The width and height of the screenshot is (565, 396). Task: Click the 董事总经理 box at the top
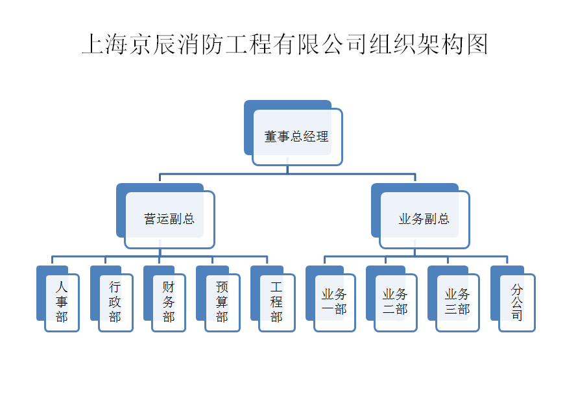(x=297, y=137)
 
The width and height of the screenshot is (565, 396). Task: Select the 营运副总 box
(x=169, y=219)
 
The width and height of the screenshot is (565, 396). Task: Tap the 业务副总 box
(x=424, y=219)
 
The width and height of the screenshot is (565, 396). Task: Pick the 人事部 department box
(x=62, y=302)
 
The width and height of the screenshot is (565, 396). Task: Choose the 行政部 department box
(x=115, y=302)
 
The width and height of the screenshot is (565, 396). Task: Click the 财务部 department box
(x=169, y=302)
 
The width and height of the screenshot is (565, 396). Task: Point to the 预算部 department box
(x=222, y=302)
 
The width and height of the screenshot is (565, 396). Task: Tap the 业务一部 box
(x=334, y=302)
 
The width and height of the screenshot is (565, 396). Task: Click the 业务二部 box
(x=395, y=302)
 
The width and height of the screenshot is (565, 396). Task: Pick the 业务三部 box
(x=457, y=302)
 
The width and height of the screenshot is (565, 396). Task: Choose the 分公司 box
(x=517, y=302)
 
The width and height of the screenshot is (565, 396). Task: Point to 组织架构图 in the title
(x=428, y=44)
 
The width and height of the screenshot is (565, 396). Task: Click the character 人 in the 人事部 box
(x=62, y=286)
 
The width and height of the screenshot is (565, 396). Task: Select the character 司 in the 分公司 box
(x=517, y=316)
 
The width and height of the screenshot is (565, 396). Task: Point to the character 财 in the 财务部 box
(x=169, y=286)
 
